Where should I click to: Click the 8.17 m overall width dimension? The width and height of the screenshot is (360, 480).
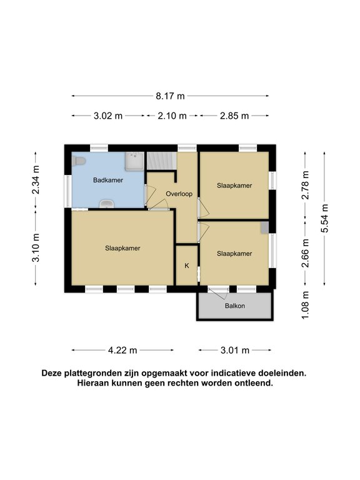click(171, 96)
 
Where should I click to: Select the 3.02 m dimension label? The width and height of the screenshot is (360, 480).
click(108, 116)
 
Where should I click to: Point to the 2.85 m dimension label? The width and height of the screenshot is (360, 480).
click(234, 116)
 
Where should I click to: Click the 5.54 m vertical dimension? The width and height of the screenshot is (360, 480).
click(324, 219)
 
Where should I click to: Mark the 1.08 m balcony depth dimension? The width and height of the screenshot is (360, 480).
click(305, 305)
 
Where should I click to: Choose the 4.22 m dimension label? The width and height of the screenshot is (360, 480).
click(122, 350)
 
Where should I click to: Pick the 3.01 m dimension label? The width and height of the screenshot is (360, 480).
click(235, 350)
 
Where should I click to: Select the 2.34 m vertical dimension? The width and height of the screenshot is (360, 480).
click(37, 179)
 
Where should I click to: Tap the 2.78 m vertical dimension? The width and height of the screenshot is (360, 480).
click(305, 185)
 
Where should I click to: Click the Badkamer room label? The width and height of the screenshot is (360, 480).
click(108, 180)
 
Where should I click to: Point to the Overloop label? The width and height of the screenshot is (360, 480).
click(179, 194)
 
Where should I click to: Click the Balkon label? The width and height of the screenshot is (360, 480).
click(235, 306)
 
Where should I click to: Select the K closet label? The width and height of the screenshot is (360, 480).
click(186, 266)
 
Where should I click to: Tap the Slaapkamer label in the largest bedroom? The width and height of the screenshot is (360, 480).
click(122, 248)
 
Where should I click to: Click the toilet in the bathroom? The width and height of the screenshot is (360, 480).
click(78, 162)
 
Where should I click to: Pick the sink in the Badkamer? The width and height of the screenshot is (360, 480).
click(108, 204)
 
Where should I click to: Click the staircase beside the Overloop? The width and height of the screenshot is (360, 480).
click(161, 161)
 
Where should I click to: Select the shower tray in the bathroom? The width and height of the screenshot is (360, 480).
click(134, 162)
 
